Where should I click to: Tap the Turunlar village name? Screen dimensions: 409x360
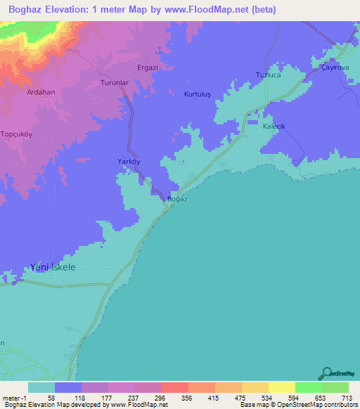tap(115, 82)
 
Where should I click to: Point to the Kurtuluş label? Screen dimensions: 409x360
tap(197, 94)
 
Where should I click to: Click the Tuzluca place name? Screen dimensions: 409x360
tap(268, 75)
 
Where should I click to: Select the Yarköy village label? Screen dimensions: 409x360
tap(129, 162)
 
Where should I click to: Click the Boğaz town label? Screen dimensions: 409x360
tap(177, 199)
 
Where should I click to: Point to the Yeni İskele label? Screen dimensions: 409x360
tap(53, 267)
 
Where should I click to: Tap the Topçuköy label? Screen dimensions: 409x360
tap(17, 133)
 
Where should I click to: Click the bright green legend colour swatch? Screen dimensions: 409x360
tap(309, 387)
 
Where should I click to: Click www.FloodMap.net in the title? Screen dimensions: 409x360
tap(211, 10)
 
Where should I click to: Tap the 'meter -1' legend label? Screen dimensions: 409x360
tap(13, 398)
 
